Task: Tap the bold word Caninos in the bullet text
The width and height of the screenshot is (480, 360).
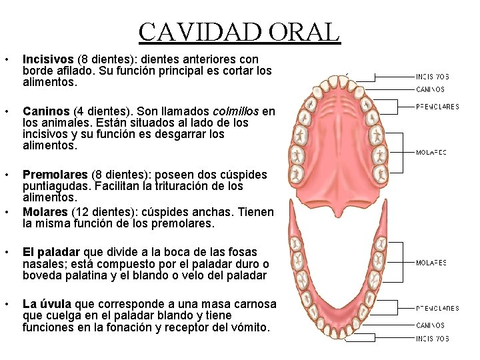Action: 45,111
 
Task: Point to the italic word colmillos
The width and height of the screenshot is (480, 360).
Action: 237,111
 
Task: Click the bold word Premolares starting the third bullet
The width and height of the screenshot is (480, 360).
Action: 55,175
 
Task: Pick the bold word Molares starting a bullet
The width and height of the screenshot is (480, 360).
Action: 45,212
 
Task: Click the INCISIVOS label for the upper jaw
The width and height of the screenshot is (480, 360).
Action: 432,76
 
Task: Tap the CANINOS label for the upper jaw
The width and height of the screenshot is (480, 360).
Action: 431,89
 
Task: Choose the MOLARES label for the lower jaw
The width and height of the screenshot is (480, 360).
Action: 431,263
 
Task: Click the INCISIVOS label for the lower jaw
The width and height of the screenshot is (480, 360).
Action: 432,339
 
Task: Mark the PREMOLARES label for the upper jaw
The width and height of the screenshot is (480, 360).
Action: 437,106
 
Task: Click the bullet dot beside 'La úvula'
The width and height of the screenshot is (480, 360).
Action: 7,305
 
